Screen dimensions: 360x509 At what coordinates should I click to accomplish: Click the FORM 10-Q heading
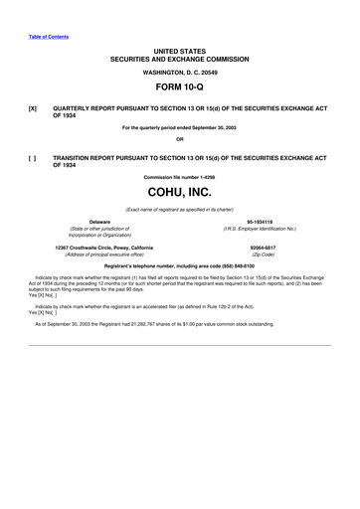pyautogui.click(x=180, y=85)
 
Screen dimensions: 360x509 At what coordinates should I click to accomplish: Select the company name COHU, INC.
pyautogui.click(x=180, y=192)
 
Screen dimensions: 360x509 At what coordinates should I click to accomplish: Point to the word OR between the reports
pyautogui.click(x=180, y=139)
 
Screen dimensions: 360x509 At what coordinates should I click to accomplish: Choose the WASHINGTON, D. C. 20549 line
pyautogui.click(x=180, y=71)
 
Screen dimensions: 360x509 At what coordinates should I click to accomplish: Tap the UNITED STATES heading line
pyautogui.click(x=180, y=47)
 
